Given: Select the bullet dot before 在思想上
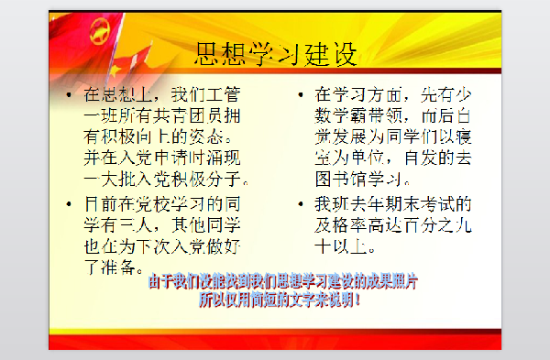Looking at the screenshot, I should [69, 95].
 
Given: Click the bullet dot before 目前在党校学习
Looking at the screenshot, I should [69, 202].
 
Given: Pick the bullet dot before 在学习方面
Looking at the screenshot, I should [302, 95].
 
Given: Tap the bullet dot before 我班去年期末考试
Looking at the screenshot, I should [302, 202].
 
